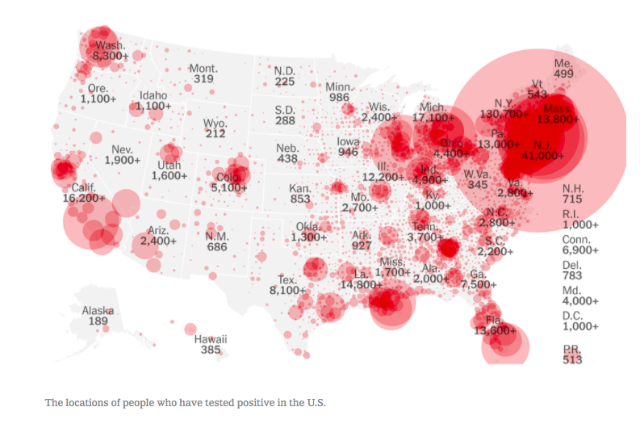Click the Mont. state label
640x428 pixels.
(203, 69)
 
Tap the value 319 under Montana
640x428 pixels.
(203, 79)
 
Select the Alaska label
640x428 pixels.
(98, 310)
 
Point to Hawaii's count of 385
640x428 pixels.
(211, 350)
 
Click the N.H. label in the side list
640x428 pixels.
(573, 187)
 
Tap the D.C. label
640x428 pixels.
(573, 315)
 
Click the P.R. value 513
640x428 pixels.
(572, 360)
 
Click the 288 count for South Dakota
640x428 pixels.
(285, 120)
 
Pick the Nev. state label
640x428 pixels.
(123, 149)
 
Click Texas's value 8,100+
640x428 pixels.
(287, 290)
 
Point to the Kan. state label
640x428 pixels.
(300, 188)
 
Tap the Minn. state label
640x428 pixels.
(339, 86)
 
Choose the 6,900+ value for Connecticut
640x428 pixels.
(580, 252)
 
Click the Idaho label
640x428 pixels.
(153, 95)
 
